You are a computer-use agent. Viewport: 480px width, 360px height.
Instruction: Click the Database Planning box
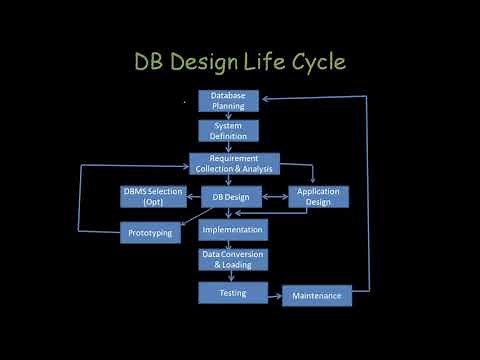click(x=228, y=101)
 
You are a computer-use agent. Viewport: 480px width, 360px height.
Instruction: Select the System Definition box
click(x=228, y=131)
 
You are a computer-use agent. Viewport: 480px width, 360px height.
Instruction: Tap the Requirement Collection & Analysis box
click(x=234, y=164)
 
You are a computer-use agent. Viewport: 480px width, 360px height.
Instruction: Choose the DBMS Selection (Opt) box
click(x=153, y=196)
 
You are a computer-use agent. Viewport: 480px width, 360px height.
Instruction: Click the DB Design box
click(x=231, y=197)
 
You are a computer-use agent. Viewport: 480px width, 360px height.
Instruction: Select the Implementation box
click(x=232, y=230)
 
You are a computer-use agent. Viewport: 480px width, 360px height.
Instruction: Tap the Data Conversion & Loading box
click(x=232, y=260)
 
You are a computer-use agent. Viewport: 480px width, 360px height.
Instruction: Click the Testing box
click(x=232, y=292)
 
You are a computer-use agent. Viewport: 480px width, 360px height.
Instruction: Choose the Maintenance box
click(x=317, y=296)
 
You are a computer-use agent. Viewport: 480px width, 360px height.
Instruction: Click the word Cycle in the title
click(x=316, y=62)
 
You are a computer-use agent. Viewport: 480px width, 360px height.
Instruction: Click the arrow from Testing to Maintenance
click(x=275, y=293)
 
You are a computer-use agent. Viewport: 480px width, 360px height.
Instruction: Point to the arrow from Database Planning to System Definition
click(x=228, y=116)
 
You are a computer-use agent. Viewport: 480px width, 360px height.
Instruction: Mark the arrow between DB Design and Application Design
click(x=275, y=197)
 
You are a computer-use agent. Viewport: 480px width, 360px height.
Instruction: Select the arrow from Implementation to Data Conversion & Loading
click(x=231, y=244)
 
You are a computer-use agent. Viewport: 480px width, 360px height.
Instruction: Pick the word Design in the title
click(x=206, y=62)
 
